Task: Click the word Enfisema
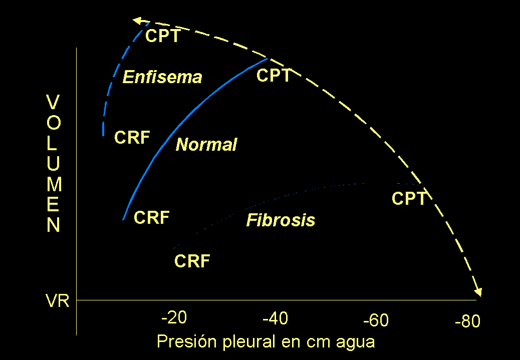[162, 77]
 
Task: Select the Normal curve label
[206, 145]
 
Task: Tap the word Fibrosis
[281, 220]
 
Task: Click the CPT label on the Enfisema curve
[163, 36]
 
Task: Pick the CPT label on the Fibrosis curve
[409, 198]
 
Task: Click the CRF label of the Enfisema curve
[132, 137]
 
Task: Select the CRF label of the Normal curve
[152, 217]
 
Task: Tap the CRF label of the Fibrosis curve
[192, 261]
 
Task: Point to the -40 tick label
[275, 319]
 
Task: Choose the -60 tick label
[376, 320]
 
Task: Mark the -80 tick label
[467, 321]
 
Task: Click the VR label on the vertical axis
[58, 301]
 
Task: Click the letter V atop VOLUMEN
[53, 102]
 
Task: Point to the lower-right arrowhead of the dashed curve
[478, 292]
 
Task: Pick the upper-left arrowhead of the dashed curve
[137, 21]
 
